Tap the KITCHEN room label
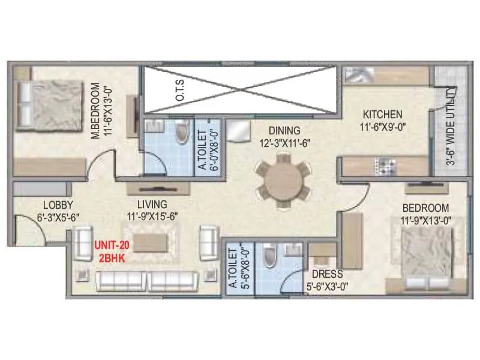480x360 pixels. [382, 114]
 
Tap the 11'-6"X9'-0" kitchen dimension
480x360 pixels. [382, 127]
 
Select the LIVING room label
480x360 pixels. [151, 203]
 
